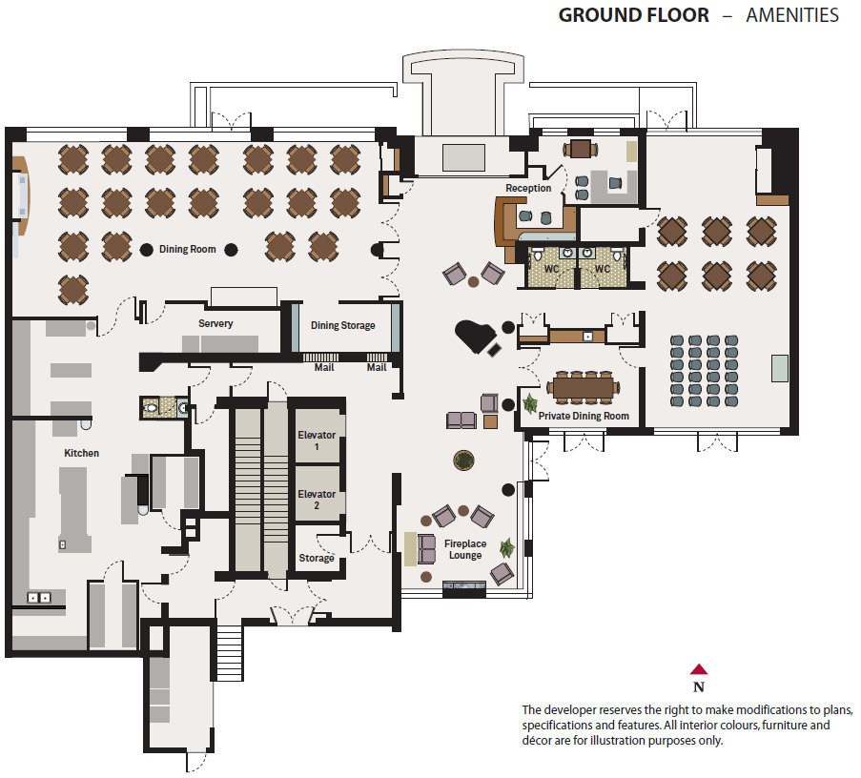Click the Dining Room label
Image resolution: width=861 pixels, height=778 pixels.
pyautogui.click(x=187, y=249)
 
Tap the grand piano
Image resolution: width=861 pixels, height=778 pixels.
pyautogui.click(x=477, y=337)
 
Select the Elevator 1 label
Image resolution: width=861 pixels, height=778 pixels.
pyautogui.click(x=317, y=440)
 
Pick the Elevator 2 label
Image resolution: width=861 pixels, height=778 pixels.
pyautogui.click(x=317, y=500)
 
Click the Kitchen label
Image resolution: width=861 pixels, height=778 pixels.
pyautogui.click(x=82, y=453)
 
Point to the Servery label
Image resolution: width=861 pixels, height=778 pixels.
pyautogui.click(x=215, y=324)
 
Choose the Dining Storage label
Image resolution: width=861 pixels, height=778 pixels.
pyautogui.click(x=343, y=325)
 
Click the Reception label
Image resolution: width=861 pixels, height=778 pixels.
pyautogui.click(x=528, y=188)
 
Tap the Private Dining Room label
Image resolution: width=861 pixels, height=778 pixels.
pyautogui.click(x=584, y=417)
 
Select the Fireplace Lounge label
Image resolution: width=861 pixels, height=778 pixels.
pyautogui.click(x=465, y=549)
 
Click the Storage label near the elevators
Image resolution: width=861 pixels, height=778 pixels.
pyautogui.click(x=317, y=559)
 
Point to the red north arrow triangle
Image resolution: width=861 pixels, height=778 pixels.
pyautogui.click(x=699, y=669)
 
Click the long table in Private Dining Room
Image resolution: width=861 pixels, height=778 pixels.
pyautogui.click(x=584, y=387)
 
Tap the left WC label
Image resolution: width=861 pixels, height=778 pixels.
pyautogui.click(x=551, y=269)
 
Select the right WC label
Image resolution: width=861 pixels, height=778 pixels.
pyautogui.click(x=603, y=269)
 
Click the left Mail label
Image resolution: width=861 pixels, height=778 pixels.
pyautogui.click(x=324, y=367)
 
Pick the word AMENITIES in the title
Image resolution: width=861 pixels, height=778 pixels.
pyautogui.click(x=792, y=15)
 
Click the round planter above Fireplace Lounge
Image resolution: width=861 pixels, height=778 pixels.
pyautogui.click(x=464, y=461)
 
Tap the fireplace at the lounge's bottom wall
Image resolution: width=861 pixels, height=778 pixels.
pyautogui.click(x=464, y=588)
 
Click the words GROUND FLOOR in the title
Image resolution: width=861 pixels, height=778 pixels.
pyautogui.click(x=634, y=15)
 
